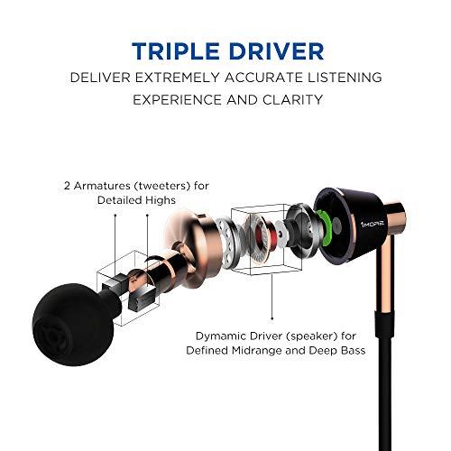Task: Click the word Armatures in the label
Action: [97, 186]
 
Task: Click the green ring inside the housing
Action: [323, 217]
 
